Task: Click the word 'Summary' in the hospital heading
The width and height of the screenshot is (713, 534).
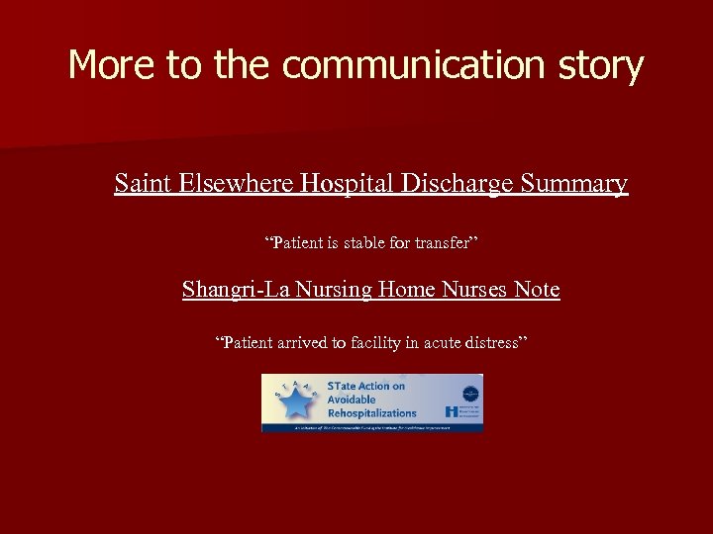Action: point(574,184)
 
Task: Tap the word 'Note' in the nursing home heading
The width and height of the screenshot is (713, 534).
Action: point(535,290)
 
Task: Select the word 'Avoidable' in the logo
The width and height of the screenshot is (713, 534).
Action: point(352,400)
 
